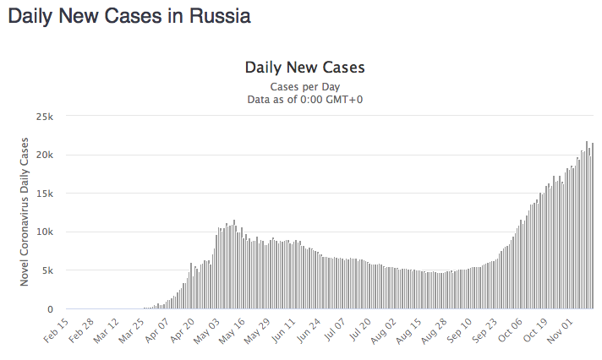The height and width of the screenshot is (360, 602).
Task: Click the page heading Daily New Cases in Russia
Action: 129,16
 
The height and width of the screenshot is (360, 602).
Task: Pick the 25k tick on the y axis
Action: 44,116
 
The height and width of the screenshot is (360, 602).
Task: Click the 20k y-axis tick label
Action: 44,155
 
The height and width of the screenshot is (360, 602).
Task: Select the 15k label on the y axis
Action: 44,194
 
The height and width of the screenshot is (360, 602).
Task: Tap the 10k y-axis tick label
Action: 44,232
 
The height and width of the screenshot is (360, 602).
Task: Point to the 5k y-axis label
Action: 47,271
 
